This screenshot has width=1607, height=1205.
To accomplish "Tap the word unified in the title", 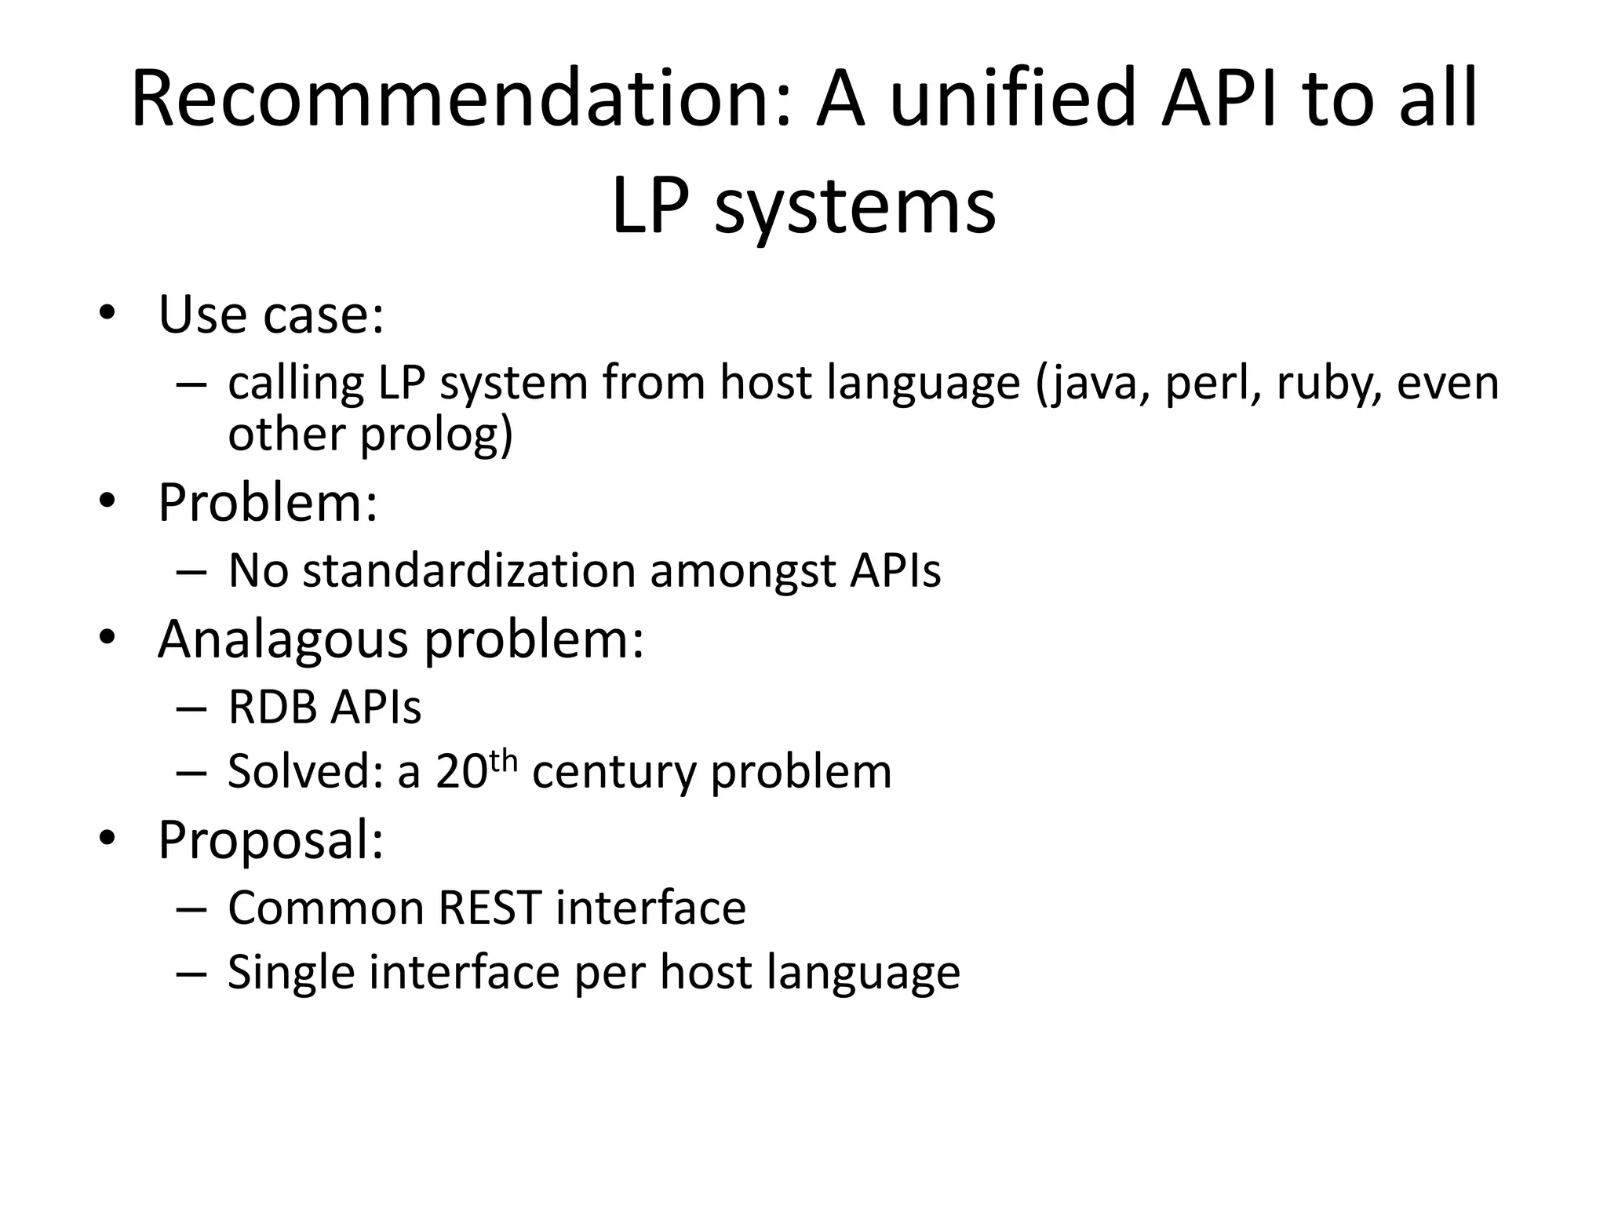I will coord(1012,100).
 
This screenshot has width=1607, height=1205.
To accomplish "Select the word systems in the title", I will coord(855,207).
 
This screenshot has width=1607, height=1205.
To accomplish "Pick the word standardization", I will coord(468,570).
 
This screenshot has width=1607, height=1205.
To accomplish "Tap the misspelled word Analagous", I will coord(282,639).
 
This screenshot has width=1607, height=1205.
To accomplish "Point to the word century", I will coord(614,772).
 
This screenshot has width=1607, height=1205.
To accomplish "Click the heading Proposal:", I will coord(271,840).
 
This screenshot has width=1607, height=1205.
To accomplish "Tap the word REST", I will coord(489,908).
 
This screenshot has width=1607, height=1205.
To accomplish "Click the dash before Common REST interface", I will coord(191,908).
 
